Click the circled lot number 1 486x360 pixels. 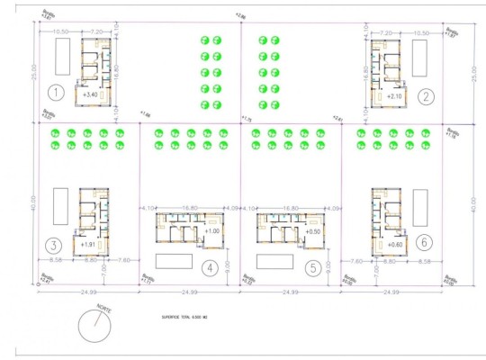(x=56, y=92)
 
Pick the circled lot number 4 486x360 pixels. (x=208, y=266)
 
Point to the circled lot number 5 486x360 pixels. (x=312, y=266)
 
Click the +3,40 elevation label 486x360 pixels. (x=89, y=94)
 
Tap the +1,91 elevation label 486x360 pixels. (x=87, y=244)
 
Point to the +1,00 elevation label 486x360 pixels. (x=212, y=231)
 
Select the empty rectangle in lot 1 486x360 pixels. (x=62, y=59)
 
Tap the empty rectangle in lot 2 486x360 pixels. (x=419, y=59)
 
